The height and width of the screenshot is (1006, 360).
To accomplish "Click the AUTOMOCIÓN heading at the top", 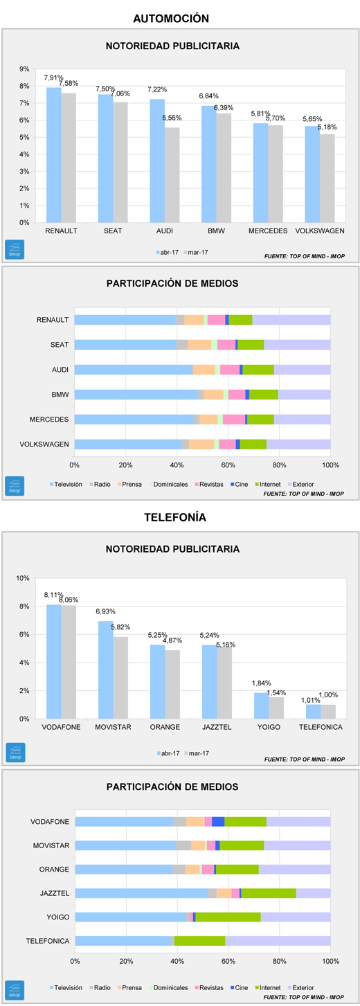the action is click(x=171, y=19).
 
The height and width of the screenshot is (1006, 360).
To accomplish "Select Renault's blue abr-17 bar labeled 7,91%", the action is click(x=54, y=155).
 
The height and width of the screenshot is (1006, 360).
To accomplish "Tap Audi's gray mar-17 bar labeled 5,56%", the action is click(x=172, y=175).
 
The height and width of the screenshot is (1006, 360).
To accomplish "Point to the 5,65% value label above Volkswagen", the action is click(x=312, y=119).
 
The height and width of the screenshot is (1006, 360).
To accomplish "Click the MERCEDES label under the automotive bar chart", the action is click(x=268, y=231).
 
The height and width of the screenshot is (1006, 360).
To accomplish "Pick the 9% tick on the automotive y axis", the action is click(x=24, y=69).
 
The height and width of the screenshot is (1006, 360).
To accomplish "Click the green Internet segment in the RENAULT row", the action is click(x=241, y=320).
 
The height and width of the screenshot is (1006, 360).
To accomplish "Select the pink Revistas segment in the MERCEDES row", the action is click(x=234, y=420).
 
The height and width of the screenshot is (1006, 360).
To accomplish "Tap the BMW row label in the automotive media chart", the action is click(x=60, y=395).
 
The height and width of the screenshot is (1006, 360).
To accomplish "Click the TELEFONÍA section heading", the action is click(x=175, y=517).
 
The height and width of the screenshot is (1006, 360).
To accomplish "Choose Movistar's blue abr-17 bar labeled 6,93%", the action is click(x=106, y=670).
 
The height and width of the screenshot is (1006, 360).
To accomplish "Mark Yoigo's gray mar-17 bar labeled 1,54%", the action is click(x=276, y=708).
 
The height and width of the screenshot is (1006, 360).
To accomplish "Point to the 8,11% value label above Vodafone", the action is click(x=53, y=595).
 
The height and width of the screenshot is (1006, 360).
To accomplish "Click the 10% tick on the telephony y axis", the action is click(x=22, y=578).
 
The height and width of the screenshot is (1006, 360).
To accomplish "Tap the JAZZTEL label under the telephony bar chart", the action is click(x=217, y=727).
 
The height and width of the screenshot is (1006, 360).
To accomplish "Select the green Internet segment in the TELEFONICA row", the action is click(x=200, y=941).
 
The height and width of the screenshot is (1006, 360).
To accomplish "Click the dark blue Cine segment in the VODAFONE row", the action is click(x=218, y=821).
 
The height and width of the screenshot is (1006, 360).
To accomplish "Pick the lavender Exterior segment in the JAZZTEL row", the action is click(x=314, y=893).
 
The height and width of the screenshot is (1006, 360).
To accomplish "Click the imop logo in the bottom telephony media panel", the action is click(x=15, y=990).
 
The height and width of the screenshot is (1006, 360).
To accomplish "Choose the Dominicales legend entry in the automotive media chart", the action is click(x=168, y=485).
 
